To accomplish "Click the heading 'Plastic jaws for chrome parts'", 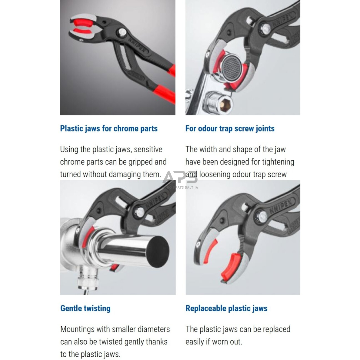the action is coord(109,128).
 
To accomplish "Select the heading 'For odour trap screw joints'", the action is coord(230,128).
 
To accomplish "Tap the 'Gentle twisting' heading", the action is coord(85,308).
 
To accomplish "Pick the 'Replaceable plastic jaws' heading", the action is coord(226,308).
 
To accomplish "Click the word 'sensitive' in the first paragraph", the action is coord(148,149).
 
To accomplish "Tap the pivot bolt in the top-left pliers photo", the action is coord(122,32).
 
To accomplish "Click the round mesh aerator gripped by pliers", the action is coord(231,68).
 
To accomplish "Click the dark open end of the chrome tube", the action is coord(158,252).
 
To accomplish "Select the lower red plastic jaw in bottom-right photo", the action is coord(230,266).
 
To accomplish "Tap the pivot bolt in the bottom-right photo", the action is coord(262,217).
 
